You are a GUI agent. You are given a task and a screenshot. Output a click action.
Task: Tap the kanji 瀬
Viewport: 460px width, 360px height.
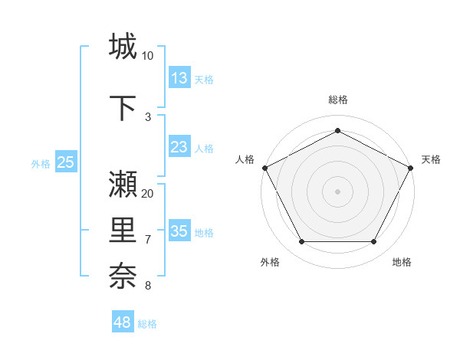[x=123, y=185]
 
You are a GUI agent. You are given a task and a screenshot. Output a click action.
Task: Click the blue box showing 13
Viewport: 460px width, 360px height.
[x=179, y=78]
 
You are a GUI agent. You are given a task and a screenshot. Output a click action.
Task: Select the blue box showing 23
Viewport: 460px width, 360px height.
[x=179, y=147]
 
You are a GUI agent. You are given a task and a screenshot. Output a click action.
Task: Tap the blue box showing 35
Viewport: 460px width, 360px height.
[x=179, y=231]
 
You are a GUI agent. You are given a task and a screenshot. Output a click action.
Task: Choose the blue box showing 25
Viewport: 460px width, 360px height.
[x=65, y=162]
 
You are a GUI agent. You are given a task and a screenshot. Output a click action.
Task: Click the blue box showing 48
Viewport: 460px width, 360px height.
[x=123, y=322]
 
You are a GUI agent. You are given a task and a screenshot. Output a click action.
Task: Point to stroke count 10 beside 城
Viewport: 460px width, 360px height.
[x=147, y=56]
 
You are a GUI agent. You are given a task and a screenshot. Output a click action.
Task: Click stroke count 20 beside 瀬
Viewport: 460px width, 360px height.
[x=148, y=193]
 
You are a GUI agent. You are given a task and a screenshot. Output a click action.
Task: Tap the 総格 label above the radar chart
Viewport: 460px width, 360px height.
[x=338, y=100]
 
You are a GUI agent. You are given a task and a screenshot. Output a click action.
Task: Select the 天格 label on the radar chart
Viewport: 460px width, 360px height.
[x=431, y=159]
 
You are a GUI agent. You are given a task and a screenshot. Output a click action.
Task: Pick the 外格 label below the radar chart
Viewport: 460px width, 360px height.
[x=270, y=262]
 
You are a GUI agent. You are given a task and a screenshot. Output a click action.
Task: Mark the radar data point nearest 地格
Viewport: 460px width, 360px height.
[x=374, y=242]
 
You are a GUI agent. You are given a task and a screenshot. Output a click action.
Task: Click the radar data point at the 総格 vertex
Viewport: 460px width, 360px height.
[x=338, y=131]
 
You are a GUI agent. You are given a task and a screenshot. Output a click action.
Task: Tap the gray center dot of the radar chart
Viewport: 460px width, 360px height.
[x=338, y=191]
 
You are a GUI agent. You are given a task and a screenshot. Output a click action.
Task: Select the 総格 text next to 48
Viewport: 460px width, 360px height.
[x=147, y=324]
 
